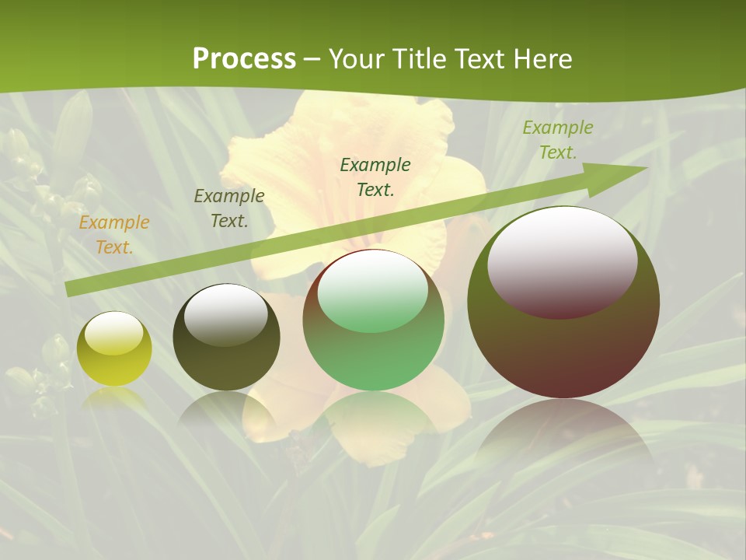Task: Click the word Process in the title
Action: pyautogui.click(x=244, y=59)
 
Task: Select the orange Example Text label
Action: pyautogui.click(x=114, y=235)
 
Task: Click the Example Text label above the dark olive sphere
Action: pyautogui.click(x=229, y=208)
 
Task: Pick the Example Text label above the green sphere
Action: pyautogui.click(x=375, y=177)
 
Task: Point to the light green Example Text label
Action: pyautogui.click(x=557, y=140)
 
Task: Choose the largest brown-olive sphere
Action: pyautogui.click(x=563, y=350)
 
